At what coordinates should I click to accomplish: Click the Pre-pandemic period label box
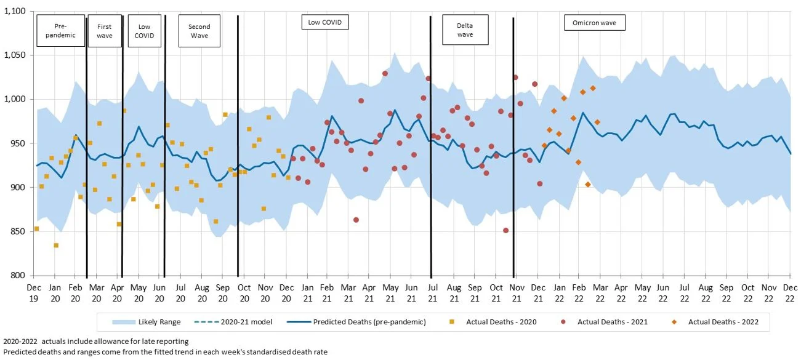point(60,31)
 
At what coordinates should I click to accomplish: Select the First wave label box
point(105,31)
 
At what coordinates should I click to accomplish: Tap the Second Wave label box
point(199,31)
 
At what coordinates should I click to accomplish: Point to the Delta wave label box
point(465,30)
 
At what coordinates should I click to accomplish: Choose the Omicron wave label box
point(594,23)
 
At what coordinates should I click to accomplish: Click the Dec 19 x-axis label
point(34,292)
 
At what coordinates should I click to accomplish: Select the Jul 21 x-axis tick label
point(433,292)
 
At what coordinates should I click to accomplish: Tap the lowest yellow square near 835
point(56,245)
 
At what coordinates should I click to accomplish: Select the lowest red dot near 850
point(505,231)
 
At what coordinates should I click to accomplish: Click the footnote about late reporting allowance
point(95,341)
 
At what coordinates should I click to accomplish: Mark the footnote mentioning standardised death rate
point(165,351)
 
